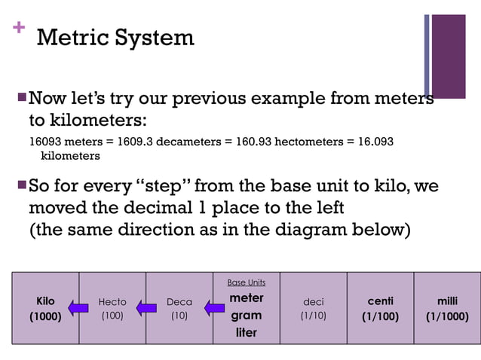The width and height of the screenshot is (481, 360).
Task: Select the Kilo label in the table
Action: pos(45,301)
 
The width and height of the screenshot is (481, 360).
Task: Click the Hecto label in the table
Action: pos(112,302)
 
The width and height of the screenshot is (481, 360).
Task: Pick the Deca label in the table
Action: pos(179,302)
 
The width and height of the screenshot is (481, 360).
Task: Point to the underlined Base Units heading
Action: pos(246,282)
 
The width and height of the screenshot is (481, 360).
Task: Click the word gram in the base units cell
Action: pos(246,316)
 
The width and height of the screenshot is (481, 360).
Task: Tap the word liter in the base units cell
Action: pos(246,332)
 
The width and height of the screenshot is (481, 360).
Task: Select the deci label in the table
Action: pos(313,302)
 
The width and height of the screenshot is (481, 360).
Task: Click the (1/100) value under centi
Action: pos(380,316)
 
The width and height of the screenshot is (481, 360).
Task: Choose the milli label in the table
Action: pos(447,301)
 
